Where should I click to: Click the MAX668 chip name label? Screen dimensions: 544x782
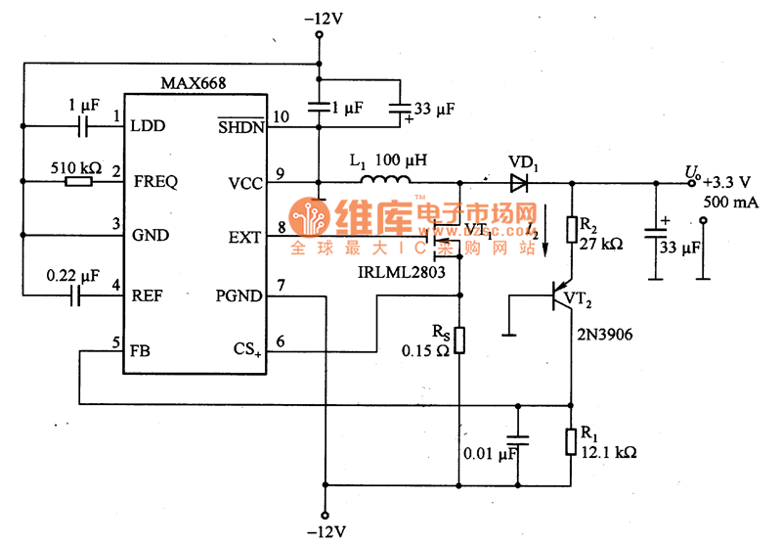coord(195,84)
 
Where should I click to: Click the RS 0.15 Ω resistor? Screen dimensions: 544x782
coord(459,340)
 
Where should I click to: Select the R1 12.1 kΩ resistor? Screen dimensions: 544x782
coord(571,441)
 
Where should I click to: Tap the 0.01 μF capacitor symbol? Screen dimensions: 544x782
coord(517,440)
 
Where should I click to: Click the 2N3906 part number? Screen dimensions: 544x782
coord(604,335)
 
